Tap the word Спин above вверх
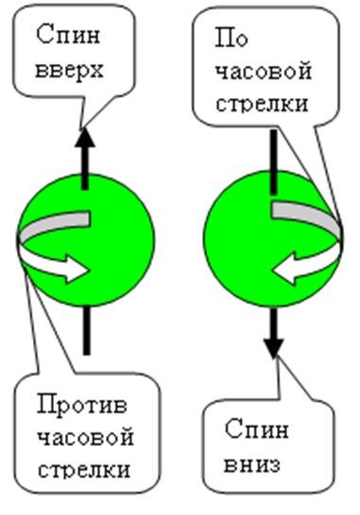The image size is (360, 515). pos(65,37)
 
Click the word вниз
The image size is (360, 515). pos(252,464)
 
